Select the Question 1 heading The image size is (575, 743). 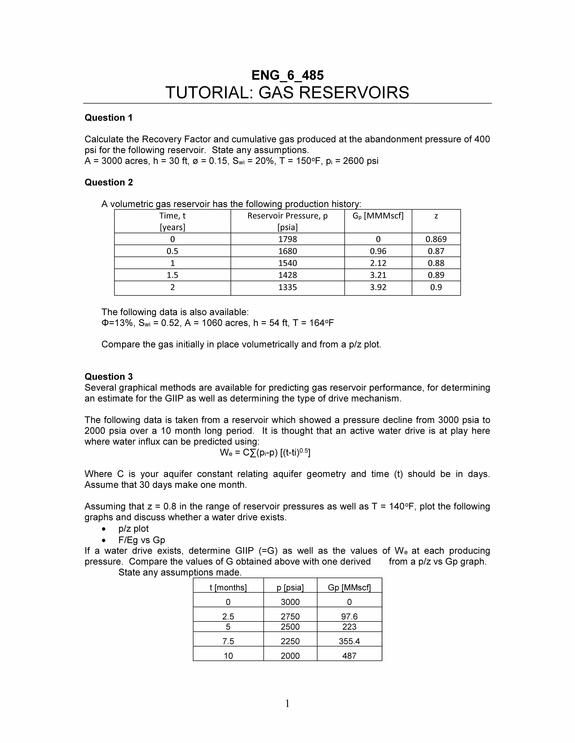click(108, 118)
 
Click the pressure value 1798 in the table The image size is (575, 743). click(287, 239)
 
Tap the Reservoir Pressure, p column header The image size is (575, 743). click(287, 216)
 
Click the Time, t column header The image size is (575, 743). click(172, 216)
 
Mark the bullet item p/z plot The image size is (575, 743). click(134, 529)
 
